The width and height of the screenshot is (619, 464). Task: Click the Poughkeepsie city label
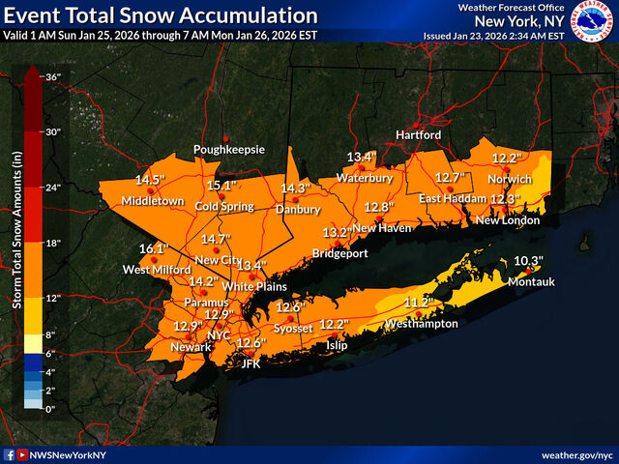[x=228, y=150]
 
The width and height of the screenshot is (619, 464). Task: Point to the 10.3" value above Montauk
[x=528, y=261]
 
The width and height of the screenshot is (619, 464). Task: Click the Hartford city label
[x=417, y=134]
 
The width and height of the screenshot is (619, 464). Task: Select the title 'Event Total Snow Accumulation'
[x=160, y=15]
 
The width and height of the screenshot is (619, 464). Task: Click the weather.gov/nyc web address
[x=577, y=453]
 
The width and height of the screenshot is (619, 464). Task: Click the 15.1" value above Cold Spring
[x=221, y=186]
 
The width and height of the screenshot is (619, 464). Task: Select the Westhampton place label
[x=421, y=324]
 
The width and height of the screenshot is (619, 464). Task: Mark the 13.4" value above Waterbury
[x=362, y=158]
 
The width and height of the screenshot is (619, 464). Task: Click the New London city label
[x=502, y=220]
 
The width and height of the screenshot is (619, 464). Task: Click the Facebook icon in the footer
[x=9, y=453]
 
